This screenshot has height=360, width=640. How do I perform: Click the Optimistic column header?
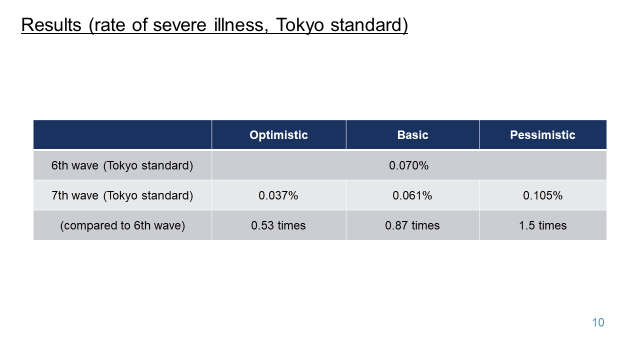tap(278, 135)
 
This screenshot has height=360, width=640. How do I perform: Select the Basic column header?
tap(412, 135)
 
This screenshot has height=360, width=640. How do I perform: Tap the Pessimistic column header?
tap(542, 135)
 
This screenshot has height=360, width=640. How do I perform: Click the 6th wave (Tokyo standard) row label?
tap(122, 165)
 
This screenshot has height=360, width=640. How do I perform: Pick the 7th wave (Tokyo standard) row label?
tap(122, 195)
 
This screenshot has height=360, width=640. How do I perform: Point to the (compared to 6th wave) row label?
tap(122, 225)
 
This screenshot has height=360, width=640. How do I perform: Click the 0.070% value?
tap(408, 165)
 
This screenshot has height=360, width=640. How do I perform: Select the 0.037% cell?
tap(278, 195)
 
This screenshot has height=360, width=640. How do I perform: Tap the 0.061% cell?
tap(412, 195)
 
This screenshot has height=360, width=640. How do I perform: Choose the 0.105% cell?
tap(542, 195)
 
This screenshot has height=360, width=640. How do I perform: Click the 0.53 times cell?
tap(278, 225)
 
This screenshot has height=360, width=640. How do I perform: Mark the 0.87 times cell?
tap(412, 225)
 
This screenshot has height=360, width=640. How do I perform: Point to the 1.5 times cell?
tap(542, 225)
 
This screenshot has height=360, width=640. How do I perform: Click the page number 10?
tap(598, 322)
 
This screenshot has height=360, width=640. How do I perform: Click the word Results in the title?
tap(51, 25)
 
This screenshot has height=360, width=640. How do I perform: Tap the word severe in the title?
tap(179, 25)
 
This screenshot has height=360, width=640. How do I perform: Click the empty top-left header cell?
tap(122, 134)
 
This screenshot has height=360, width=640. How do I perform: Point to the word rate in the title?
tap(109, 25)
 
